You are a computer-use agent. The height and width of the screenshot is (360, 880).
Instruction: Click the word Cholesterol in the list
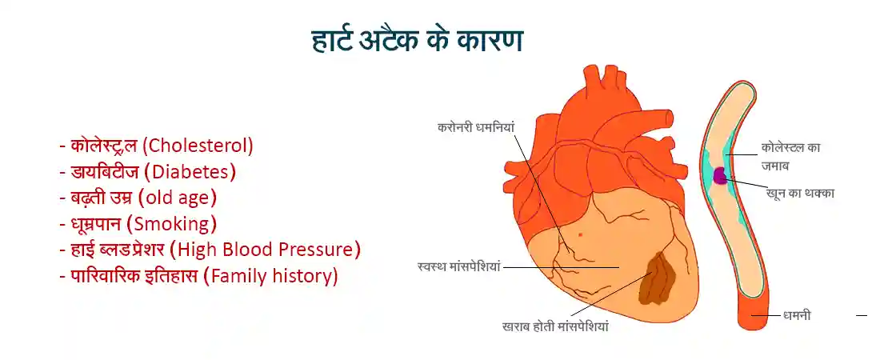(201, 146)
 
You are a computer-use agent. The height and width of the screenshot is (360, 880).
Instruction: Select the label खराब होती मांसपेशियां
(556, 326)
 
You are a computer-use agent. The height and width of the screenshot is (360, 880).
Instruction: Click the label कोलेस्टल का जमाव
(790, 156)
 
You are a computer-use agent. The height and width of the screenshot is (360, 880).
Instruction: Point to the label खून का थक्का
(800, 193)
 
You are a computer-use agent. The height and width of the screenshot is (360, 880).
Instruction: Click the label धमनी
(797, 316)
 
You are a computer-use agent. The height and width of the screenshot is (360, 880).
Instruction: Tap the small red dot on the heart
(579, 234)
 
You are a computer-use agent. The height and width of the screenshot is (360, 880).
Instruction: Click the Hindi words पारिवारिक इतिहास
(134, 276)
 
